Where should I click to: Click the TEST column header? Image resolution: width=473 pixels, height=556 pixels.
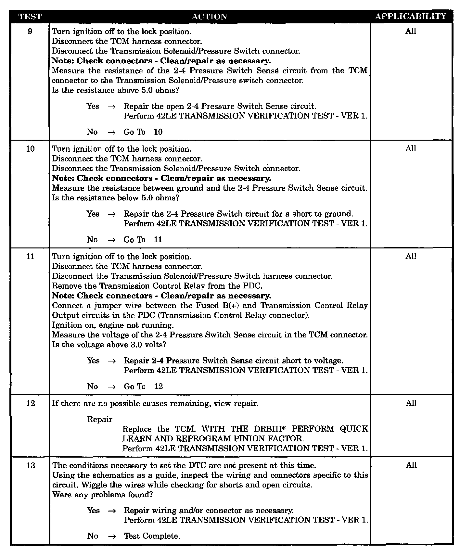click(x=30, y=17)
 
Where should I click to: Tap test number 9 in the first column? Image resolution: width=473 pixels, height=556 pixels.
click(x=30, y=32)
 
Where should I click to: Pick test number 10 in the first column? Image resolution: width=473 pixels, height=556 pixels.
click(x=30, y=149)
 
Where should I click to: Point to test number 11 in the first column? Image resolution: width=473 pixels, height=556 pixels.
click(x=30, y=257)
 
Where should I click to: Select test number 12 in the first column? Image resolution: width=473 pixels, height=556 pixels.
click(x=30, y=403)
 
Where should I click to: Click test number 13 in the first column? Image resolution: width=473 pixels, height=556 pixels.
click(x=30, y=465)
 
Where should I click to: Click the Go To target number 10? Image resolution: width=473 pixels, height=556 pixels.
click(x=158, y=132)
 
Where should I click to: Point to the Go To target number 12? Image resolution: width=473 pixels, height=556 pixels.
click(x=158, y=386)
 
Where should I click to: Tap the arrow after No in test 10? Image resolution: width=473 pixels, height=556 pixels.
click(x=111, y=240)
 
